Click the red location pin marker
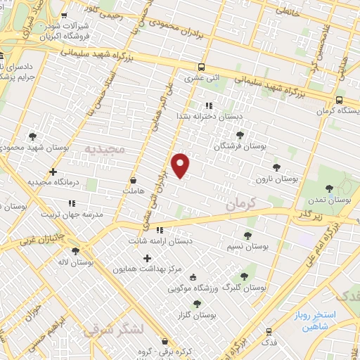[x=181, y=165]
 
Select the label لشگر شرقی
[x=112, y=329]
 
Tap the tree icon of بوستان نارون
[x=276, y=168]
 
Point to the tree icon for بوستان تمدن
[x=329, y=188]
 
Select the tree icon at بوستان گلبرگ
[x=244, y=276]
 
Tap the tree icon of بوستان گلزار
[x=196, y=304]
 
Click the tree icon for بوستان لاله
[x=75, y=250]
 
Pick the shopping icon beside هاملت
[x=133, y=180]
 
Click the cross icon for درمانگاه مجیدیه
[x=53, y=172]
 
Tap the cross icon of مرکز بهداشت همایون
[x=147, y=258]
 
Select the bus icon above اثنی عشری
[x=202, y=67]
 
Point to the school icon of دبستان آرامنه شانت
[x=160, y=229]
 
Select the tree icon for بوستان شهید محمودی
[x=32, y=136]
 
